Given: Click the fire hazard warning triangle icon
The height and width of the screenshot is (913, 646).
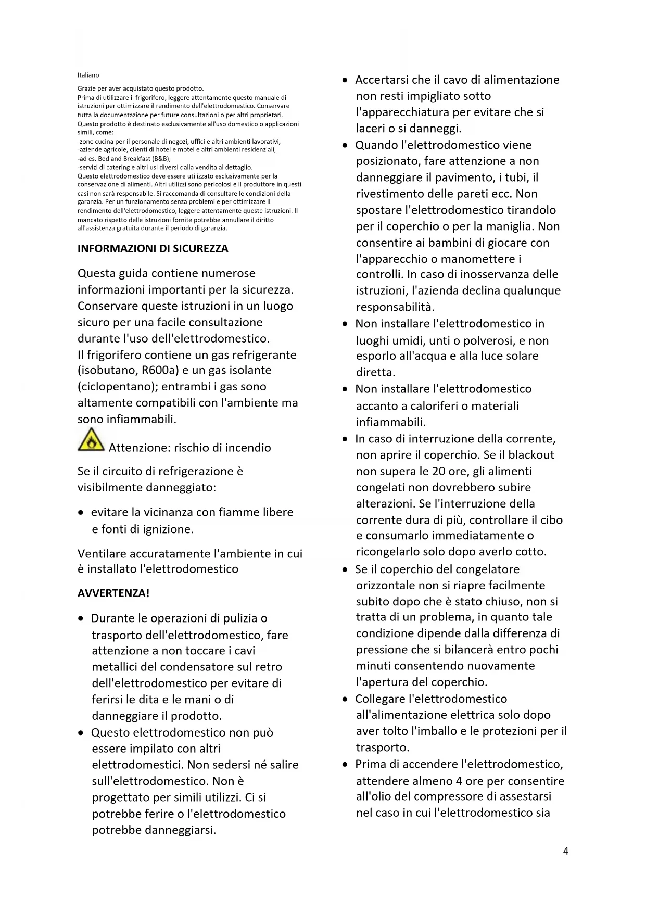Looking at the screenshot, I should click(x=91, y=440).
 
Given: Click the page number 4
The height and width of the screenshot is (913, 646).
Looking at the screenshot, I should click(x=565, y=851).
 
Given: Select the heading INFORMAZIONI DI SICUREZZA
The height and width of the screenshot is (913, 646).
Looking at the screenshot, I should click(x=153, y=249).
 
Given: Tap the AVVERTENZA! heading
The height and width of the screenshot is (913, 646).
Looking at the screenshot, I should click(x=113, y=593).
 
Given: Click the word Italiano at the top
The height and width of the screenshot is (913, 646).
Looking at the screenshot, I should click(x=88, y=75).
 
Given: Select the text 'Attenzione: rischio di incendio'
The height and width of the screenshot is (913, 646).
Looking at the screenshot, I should click(x=189, y=448).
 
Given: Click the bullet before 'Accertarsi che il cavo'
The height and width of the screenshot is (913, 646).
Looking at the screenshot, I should click(x=345, y=80).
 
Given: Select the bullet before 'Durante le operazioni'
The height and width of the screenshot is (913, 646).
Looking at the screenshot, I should click(x=81, y=619).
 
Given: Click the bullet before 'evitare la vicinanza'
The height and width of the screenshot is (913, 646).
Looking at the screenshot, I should click(x=81, y=513).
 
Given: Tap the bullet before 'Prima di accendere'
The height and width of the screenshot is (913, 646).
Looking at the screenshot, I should click(x=345, y=765).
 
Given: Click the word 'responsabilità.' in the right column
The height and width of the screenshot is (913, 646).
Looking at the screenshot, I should click(x=395, y=307).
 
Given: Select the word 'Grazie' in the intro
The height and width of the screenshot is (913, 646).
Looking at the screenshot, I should click(x=86, y=88).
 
